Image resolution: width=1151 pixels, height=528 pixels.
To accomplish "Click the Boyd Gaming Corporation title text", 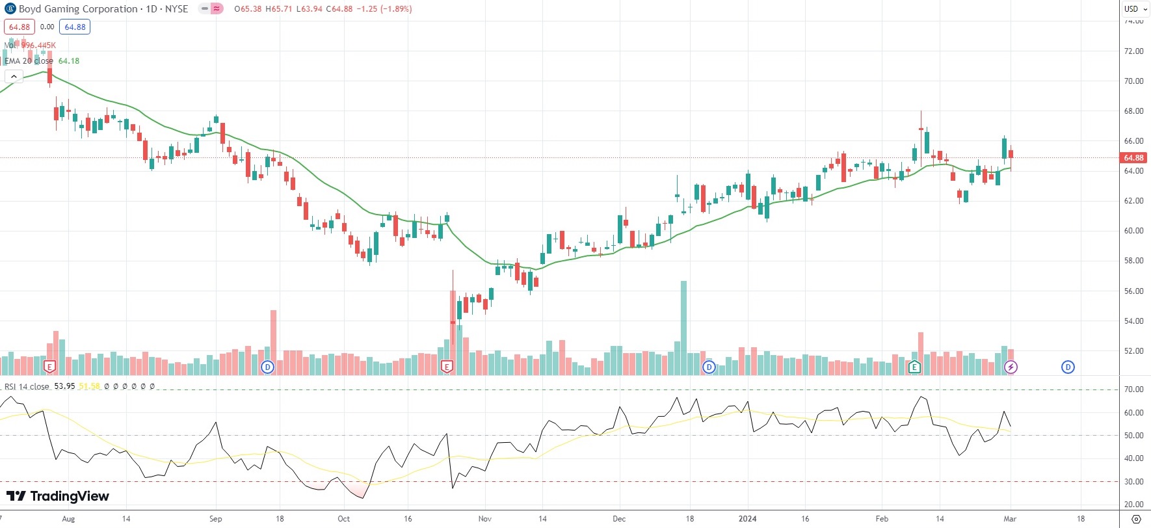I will (78, 9).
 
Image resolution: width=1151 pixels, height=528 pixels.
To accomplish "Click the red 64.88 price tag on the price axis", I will (1133, 158).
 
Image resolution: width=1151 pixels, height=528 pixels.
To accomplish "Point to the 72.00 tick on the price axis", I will (1133, 51).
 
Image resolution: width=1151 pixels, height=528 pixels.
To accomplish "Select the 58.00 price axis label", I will (1133, 261).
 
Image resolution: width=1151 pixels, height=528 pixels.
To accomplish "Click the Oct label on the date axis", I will (343, 519).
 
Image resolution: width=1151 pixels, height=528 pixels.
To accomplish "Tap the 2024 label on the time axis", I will (747, 519).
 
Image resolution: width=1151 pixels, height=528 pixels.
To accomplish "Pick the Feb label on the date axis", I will (882, 519).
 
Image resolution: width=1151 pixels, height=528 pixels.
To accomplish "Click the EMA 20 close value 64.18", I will (69, 61).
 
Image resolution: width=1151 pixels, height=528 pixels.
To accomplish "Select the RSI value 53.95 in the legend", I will (64, 386).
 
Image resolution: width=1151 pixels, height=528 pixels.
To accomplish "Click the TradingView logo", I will (58, 496).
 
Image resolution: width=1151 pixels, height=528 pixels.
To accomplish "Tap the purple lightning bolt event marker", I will (1011, 367).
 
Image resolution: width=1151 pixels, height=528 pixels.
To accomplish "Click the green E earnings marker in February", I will (914, 367).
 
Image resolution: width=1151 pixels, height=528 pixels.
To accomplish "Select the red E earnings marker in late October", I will (447, 367).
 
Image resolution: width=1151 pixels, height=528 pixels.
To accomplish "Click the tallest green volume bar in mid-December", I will (683, 325).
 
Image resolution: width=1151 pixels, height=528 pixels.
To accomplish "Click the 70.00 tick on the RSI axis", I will (1133, 389).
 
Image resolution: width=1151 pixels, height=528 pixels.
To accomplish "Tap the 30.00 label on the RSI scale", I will (1133, 482).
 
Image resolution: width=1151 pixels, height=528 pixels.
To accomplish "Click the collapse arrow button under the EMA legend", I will (14, 77).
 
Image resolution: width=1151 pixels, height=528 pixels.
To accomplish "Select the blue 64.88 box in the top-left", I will (75, 27).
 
